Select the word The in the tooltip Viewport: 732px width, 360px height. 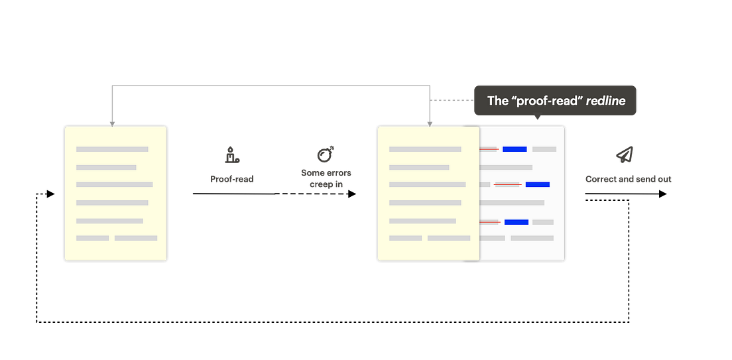point(497,101)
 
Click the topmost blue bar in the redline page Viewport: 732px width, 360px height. point(515,149)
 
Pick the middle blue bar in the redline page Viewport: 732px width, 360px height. point(538,184)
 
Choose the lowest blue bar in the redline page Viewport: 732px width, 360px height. point(517,221)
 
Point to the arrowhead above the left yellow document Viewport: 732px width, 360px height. point(112,122)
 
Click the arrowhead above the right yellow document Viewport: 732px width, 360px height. point(430,122)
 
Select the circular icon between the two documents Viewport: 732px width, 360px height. point(326,154)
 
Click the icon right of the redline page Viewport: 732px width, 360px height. point(627,154)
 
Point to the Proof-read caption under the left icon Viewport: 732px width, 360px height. point(231,179)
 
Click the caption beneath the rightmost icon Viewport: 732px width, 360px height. point(628,179)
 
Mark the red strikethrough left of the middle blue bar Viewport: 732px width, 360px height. point(507,184)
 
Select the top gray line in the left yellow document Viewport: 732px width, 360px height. point(112,149)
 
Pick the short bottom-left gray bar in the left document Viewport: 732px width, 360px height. point(92,237)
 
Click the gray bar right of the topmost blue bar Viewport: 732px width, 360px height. point(544,149)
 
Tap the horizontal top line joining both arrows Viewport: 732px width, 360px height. point(271,84)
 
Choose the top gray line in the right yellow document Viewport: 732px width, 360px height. point(425,149)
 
